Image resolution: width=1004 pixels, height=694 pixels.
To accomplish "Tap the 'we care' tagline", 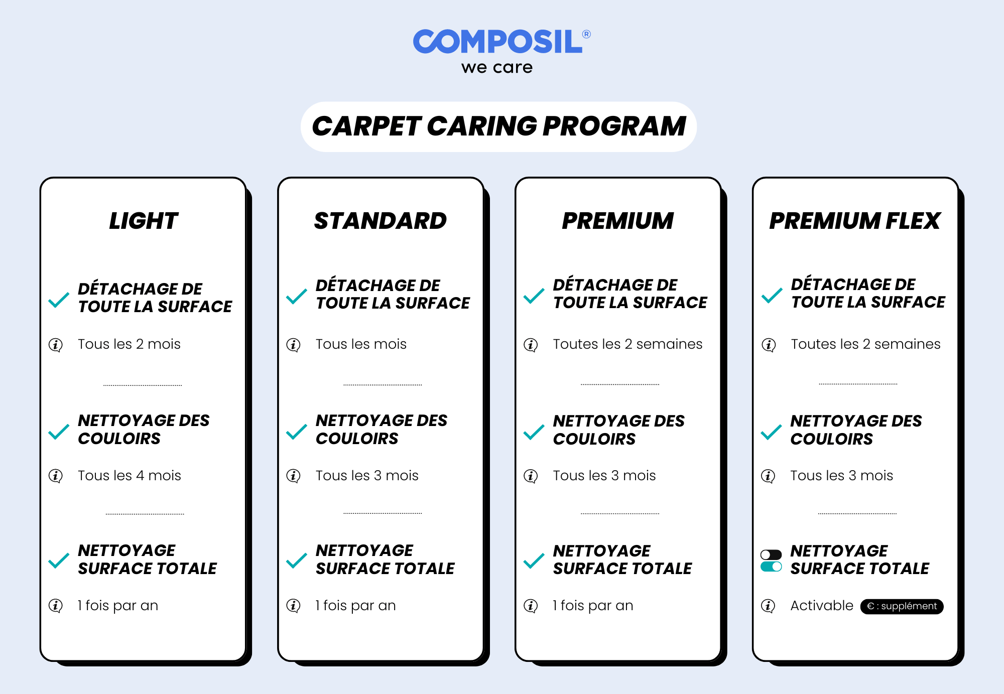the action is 497,67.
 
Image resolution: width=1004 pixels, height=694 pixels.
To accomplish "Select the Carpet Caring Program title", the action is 498,126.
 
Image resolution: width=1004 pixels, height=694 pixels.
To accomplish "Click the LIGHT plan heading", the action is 144,221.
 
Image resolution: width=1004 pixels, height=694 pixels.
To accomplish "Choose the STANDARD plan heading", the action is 381,221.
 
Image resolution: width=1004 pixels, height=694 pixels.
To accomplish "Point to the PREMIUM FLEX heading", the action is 855,221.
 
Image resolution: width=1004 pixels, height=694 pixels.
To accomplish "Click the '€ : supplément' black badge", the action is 902,606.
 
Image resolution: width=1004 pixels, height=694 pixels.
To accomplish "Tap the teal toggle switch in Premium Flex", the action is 771,567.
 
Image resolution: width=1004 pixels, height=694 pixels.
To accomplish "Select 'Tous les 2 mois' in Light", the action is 129,344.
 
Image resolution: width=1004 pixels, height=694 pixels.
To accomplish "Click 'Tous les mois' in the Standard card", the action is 361,344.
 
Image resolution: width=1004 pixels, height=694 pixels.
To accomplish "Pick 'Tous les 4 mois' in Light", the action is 129,475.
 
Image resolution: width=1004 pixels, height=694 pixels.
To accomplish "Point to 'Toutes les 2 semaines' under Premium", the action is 627,344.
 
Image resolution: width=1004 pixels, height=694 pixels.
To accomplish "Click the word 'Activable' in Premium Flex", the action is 822,606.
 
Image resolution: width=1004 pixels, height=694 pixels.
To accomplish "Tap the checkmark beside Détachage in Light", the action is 59,300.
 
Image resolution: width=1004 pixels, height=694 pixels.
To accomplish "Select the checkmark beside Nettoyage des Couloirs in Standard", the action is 297,432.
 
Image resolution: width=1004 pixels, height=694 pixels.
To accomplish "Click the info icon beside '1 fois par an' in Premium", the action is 531,606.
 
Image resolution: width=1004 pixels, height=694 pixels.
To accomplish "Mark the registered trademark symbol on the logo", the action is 586,34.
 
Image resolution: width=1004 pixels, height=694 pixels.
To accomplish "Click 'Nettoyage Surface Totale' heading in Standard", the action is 385,559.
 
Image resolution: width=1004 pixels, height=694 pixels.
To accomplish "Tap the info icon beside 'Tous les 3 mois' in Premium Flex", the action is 768,476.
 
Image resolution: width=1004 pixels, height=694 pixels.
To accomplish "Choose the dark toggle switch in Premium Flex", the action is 771,554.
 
